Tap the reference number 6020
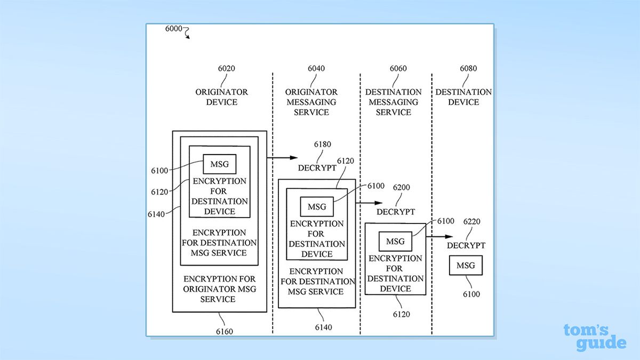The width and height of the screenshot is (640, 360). point(222,68)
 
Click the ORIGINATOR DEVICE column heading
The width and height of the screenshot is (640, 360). point(221,97)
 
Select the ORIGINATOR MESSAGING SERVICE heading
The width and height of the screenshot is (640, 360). point(311,102)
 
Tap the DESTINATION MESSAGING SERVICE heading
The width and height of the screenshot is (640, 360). point(393,102)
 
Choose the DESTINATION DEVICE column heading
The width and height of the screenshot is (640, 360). point(463,97)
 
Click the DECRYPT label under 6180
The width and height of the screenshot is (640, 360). point(318,167)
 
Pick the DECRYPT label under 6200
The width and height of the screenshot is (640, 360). point(395,212)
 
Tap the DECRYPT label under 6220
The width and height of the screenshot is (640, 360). point(466,245)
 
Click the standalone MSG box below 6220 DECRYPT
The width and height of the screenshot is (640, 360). point(466,266)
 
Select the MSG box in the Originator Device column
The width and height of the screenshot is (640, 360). point(219,164)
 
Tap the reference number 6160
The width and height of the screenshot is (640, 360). point(223,331)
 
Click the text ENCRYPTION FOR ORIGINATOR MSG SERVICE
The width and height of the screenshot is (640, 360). point(219,289)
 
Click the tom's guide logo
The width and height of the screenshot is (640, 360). point(594,338)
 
